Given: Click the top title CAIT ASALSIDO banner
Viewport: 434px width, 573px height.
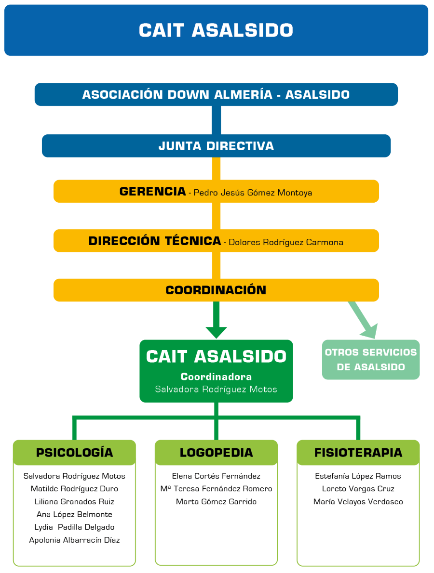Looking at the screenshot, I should click(x=216, y=30).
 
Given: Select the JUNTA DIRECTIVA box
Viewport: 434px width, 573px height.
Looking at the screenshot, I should click(x=216, y=146).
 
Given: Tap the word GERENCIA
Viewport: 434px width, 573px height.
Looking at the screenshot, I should click(x=152, y=192).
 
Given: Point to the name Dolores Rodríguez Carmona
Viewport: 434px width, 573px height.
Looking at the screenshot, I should click(x=286, y=242).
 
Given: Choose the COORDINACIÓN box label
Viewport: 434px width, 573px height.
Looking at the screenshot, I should click(x=216, y=290).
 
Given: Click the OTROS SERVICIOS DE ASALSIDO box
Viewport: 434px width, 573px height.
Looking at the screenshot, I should click(x=370, y=360).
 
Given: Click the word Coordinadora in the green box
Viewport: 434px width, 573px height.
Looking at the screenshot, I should click(x=216, y=377).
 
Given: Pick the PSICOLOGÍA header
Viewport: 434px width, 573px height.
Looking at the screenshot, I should click(x=74, y=453).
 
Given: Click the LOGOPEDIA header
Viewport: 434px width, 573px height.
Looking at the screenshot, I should click(x=216, y=453).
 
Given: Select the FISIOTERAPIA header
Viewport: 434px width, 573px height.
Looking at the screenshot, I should click(x=358, y=453).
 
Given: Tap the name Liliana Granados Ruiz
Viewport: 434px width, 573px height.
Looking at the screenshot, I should click(x=74, y=502).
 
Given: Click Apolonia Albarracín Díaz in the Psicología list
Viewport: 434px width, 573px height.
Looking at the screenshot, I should click(x=74, y=540).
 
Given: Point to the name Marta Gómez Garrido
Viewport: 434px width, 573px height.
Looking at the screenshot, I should click(x=216, y=502).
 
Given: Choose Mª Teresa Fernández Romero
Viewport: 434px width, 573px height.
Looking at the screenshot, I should click(x=216, y=489).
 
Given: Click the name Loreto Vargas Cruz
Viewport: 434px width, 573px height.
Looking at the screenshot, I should click(x=358, y=489).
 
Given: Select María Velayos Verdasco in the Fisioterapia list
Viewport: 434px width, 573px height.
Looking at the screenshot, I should click(x=358, y=502).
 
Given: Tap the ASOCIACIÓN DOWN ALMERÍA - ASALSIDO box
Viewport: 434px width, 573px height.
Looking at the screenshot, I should click(x=216, y=94).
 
